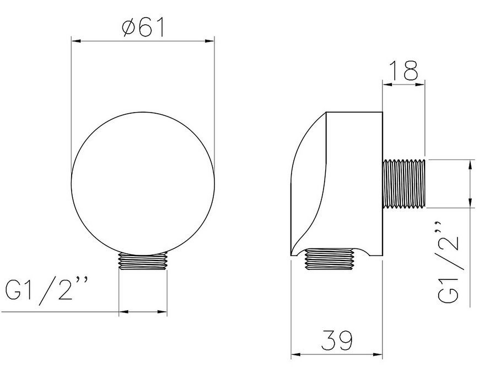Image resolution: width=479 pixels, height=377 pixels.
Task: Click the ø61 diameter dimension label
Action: tap(143, 27)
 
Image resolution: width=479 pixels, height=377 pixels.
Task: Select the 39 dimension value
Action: tap(337, 340)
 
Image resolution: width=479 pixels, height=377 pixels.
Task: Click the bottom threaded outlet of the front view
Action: tap(143, 261)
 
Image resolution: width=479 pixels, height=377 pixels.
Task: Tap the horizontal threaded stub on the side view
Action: tap(404, 184)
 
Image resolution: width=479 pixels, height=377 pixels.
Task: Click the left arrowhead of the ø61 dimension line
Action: tap(76, 41)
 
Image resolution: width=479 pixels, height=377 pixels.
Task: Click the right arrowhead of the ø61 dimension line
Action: tap(210, 41)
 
